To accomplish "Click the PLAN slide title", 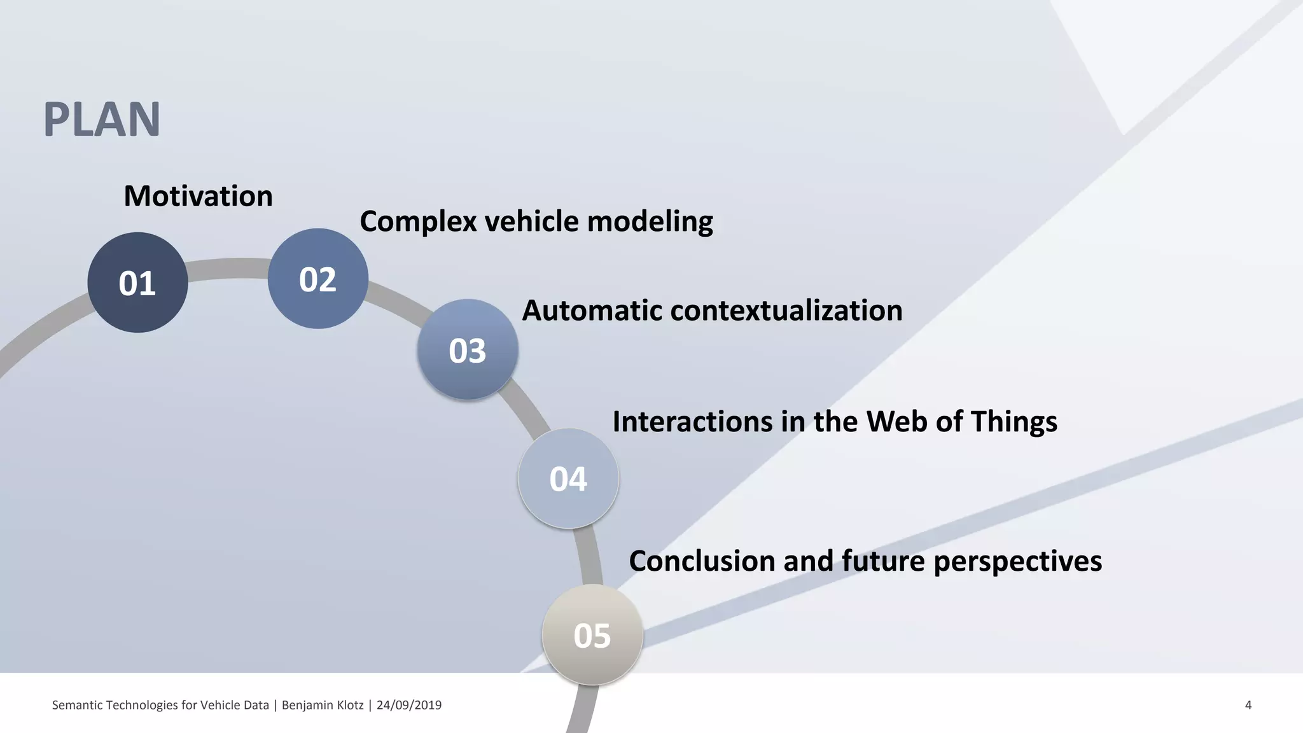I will (102, 120).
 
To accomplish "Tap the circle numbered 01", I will (137, 283).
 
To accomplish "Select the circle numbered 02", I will (317, 279).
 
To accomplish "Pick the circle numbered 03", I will (468, 350).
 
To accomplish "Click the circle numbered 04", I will (568, 478).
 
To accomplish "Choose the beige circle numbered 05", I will (592, 635).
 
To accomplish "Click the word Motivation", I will (198, 196).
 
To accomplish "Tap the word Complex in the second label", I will (418, 222).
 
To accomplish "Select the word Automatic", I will (591, 311).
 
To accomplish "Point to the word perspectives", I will (1017, 561).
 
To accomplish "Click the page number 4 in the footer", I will (1248, 705).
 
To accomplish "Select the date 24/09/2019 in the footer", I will (408, 705).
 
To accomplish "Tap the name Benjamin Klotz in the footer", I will (323, 705).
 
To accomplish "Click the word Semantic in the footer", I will (76, 705).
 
